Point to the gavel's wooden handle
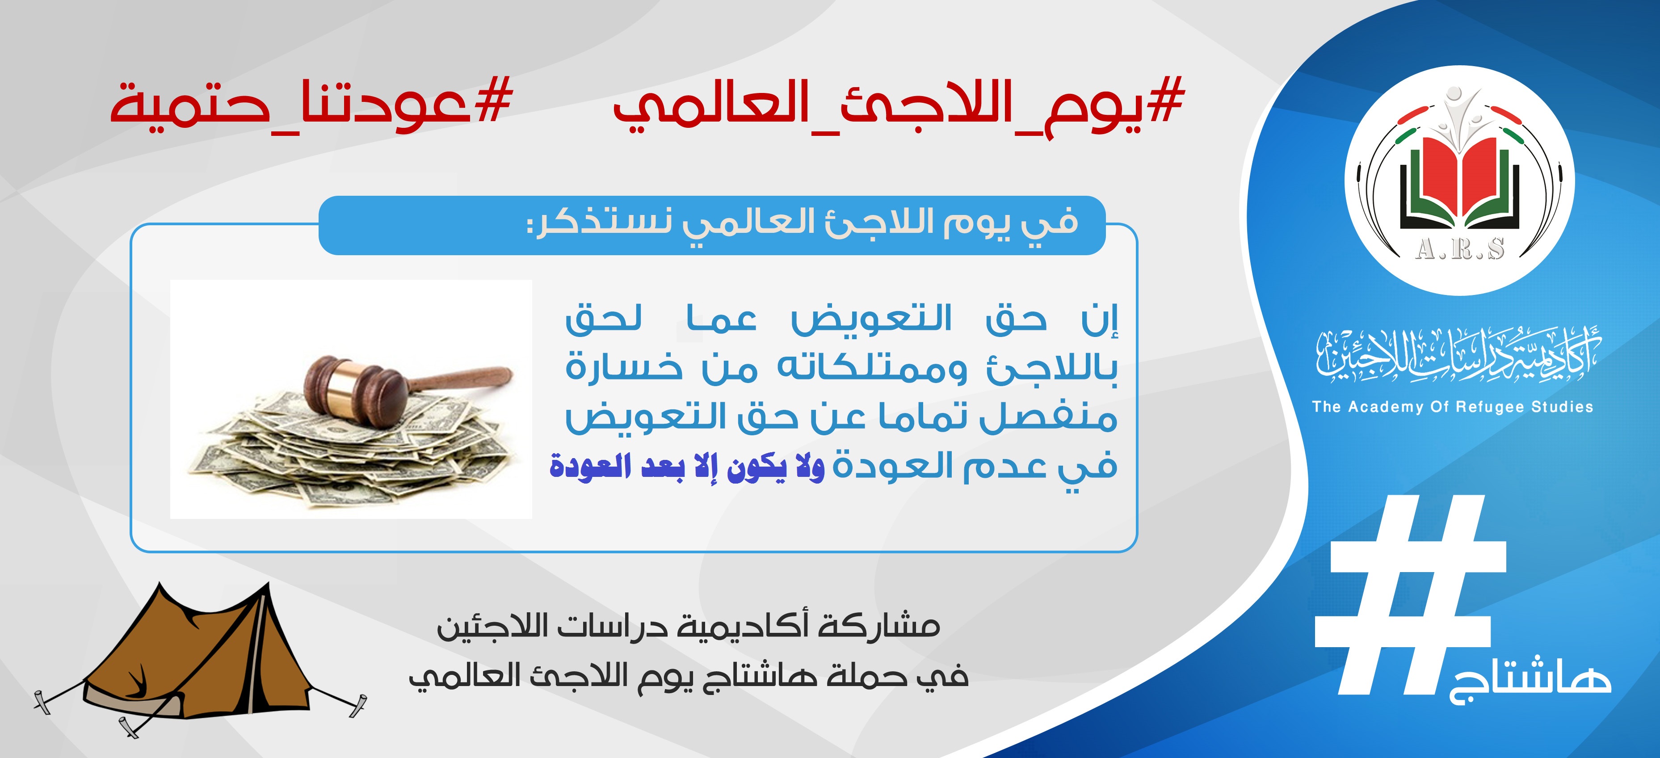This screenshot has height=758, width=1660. [461, 379]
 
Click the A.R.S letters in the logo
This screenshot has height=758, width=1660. [1459, 248]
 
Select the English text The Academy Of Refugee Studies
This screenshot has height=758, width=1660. [1453, 407]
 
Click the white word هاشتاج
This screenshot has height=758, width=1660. [1530, 683]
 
